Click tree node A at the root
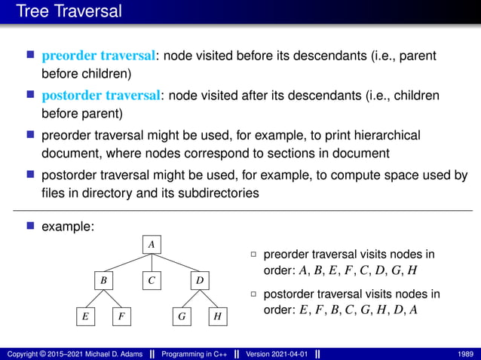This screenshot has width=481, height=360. [152, 244]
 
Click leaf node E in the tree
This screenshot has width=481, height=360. [85, 317]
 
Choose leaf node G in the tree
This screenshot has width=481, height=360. [182, 317]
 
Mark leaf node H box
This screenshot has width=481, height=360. [217, 317]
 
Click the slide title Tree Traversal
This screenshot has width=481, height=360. [68, 12]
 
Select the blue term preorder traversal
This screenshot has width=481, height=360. [99, 56]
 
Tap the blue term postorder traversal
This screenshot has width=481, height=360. [101, 96]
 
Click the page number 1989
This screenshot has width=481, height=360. [465, 353]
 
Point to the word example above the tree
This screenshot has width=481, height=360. [66, 226]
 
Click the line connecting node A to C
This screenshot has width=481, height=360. [152, 262]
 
